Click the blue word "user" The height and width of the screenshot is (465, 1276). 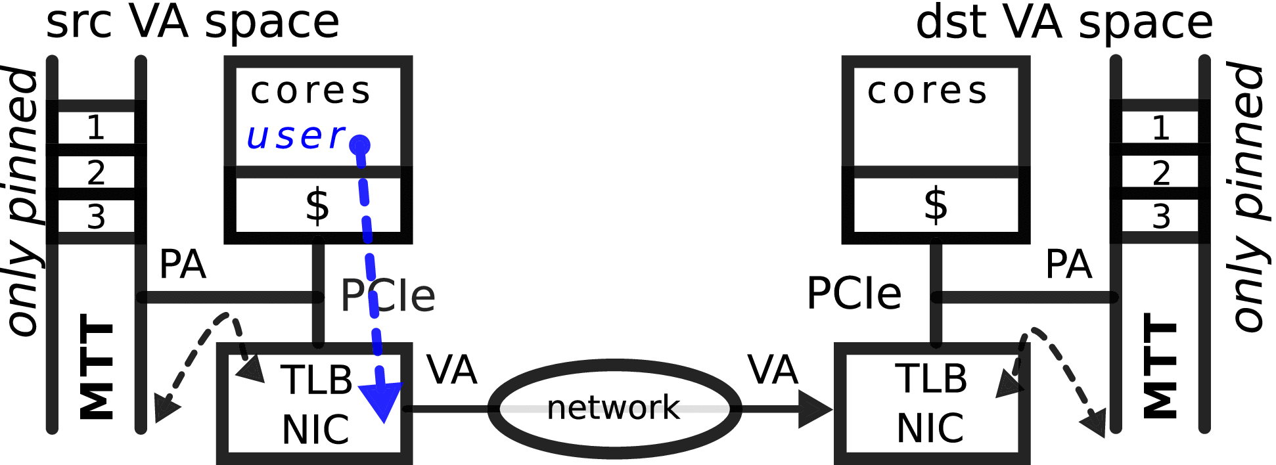(x=296, y=137)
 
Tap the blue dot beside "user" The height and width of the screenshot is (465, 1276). (x=359, y=145)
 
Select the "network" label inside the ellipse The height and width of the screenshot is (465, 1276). (x=613, y=408)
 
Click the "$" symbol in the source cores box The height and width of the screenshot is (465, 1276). (x=317, y=205)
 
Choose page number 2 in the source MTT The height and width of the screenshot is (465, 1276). (x=96, y=173)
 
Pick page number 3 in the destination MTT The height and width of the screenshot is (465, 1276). (x=1161, y=217)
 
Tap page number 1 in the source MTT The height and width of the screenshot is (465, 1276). (x=96, y=127)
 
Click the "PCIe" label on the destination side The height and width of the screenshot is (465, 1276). (x=854, y=294)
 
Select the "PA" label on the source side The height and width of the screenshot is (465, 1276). (x=183, y=265)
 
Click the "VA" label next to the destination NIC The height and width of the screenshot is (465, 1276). (x=773, y=370)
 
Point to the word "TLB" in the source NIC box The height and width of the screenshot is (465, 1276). (x=317, y=380)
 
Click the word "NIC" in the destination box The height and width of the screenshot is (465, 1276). (x=930, y=428)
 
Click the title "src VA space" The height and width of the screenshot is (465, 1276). (x=193, y=22)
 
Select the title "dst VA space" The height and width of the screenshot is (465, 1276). (x=1064, y=22)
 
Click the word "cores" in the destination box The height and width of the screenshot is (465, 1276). (x=927, y=91)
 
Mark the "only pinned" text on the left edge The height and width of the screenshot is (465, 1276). (x=24, y=200)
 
